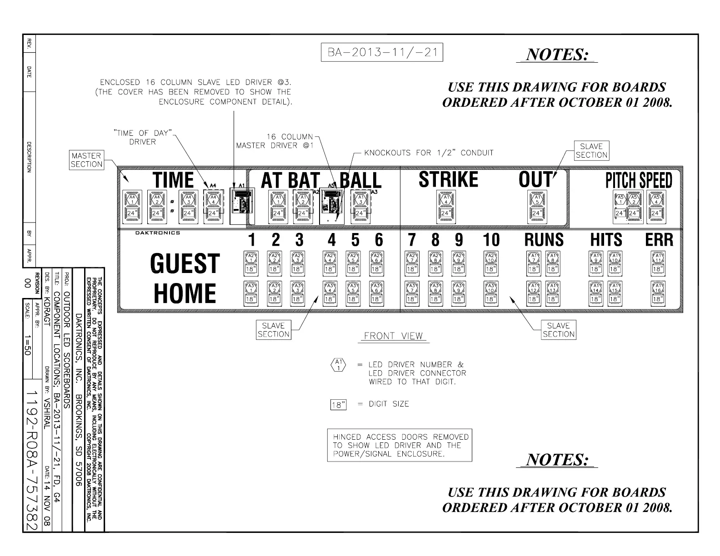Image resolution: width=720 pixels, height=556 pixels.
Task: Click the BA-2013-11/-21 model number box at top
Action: click(382, 52)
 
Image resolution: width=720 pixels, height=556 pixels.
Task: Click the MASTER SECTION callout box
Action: click(86, 160)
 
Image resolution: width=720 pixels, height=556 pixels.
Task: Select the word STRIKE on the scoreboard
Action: click(448, 180)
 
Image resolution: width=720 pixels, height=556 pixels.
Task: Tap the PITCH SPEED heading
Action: click(639, 181)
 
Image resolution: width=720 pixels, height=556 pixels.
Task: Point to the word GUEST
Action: click(185, 263)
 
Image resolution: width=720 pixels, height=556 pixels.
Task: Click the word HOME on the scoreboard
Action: click(185, 293)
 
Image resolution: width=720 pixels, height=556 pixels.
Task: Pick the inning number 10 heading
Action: click(491, 240)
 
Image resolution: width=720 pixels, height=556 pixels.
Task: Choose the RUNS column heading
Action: click(544, 240)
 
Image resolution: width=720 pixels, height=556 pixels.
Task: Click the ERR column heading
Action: click(659, 240)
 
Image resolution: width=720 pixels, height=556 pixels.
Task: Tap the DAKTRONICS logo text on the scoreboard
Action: click(157, 233)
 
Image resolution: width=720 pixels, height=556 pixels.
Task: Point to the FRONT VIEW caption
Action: click(393, 336)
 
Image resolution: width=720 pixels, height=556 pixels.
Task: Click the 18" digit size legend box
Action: click(338, 405)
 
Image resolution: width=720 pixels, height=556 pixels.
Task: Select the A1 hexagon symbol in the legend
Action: click(338, 365)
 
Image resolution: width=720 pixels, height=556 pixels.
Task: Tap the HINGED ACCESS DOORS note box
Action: click(400, 445)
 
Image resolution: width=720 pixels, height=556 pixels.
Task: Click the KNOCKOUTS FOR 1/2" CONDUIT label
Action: click(429, 153)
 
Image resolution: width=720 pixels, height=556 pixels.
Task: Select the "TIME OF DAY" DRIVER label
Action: click(143, 138)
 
